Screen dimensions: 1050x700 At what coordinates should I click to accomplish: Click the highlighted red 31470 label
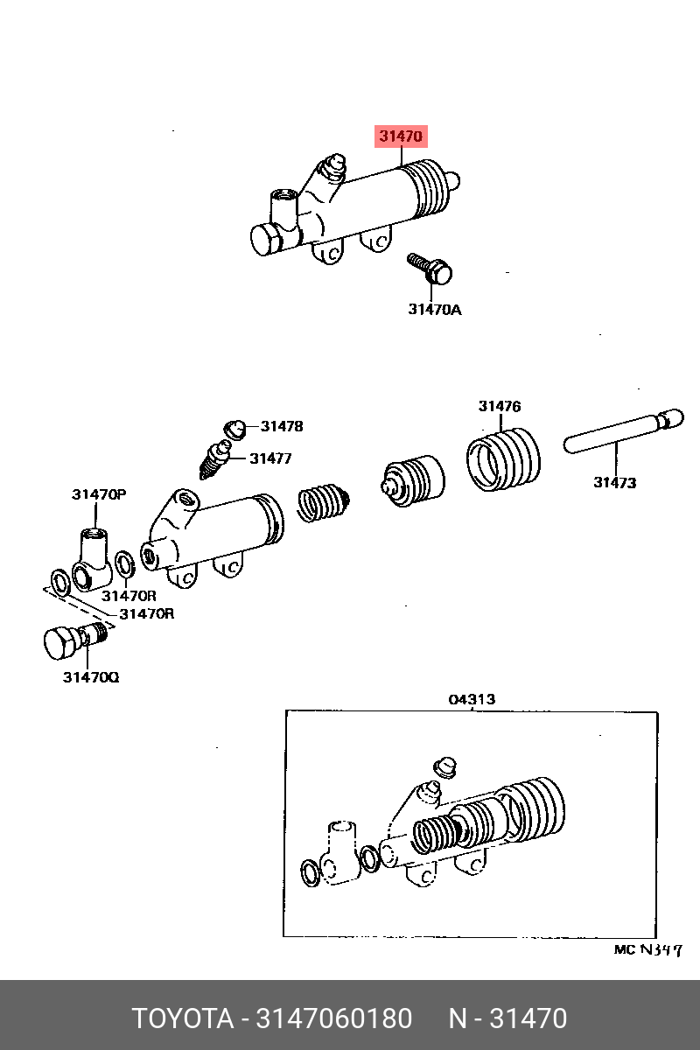tap(402, 136)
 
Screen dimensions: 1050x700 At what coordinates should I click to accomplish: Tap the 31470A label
tap(434, 309)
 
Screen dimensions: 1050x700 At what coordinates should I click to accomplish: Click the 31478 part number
tap(282, 426)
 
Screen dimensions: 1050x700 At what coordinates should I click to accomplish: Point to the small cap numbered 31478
tap(235, 429)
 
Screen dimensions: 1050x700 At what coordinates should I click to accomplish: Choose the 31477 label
tap(270, 458)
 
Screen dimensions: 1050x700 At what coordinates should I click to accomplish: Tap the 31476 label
tap(500, 406)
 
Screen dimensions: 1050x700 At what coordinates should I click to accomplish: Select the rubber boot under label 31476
tap(501, 460)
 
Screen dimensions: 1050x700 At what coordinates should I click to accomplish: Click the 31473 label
tap(614, 482)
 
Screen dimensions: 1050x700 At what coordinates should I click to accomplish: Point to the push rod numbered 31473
tap(621, 432)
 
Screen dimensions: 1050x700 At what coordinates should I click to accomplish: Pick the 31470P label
tap(99, 494)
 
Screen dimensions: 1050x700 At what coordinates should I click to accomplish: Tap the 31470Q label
tap(90, 676)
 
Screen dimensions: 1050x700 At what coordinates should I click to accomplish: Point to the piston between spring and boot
tap(411, 479)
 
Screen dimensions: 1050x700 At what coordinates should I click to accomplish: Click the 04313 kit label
tap(472, 699)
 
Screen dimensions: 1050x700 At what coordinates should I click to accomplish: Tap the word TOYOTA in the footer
tap(182, 1019)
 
